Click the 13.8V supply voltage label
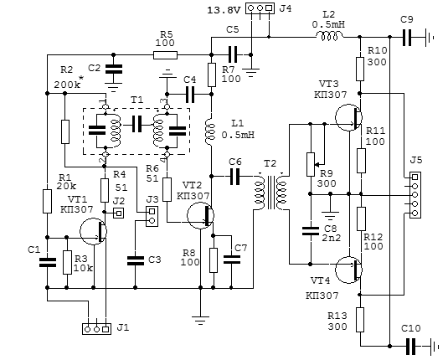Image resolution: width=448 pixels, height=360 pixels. click(x=224, y=10)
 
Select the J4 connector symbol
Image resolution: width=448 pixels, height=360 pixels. click(x=260, y=8)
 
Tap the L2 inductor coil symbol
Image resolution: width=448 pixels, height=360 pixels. click(x=329, y=36)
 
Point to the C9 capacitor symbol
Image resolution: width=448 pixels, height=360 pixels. click(x=407, y=37)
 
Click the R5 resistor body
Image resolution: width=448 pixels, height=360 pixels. click(x=165, y=55)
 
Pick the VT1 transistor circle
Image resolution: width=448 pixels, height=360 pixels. click(x=93, y=231)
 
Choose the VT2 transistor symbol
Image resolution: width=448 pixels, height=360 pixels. click(x=201, y=216)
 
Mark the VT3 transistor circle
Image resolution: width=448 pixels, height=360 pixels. click(x=348, y=117)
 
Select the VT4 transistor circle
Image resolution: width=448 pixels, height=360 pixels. click(x=348, y=270)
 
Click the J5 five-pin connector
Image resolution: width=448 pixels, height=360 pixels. click(x=415, y=195)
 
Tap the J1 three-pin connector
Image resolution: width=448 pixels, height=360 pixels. click(x=96, y=329)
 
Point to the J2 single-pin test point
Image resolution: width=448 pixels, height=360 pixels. click(x=119, y=213)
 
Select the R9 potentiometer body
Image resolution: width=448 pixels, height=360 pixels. click(x=311, y=164)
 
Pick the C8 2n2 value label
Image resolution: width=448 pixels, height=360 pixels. click(x=331, y=238)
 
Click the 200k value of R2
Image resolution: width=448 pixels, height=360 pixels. click(x=67, y=85)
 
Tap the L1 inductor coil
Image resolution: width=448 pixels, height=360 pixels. click(x=211, y=132)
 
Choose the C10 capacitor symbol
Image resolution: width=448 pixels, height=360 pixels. click(x=410, y=347)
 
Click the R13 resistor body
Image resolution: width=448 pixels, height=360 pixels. click(x=360, y=320)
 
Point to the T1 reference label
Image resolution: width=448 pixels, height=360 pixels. click(x=136, y=100)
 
